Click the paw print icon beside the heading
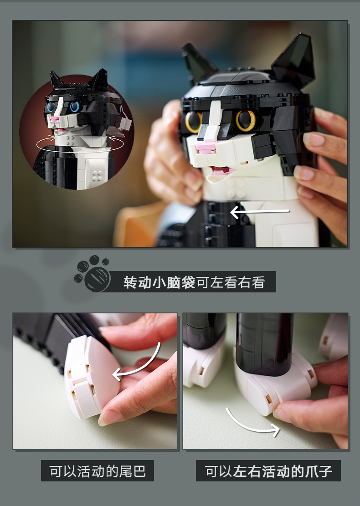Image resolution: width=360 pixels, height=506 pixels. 93,274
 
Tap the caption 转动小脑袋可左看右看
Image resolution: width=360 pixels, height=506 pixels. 194,282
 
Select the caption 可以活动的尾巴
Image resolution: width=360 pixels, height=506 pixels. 98,471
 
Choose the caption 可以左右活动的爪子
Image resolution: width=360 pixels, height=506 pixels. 268,471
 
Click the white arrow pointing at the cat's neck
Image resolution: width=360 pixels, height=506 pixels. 260,212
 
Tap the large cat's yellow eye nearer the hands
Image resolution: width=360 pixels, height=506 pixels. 246,120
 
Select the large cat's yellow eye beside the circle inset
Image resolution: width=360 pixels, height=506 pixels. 193,122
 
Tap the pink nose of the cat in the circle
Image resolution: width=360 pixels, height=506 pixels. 53,119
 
